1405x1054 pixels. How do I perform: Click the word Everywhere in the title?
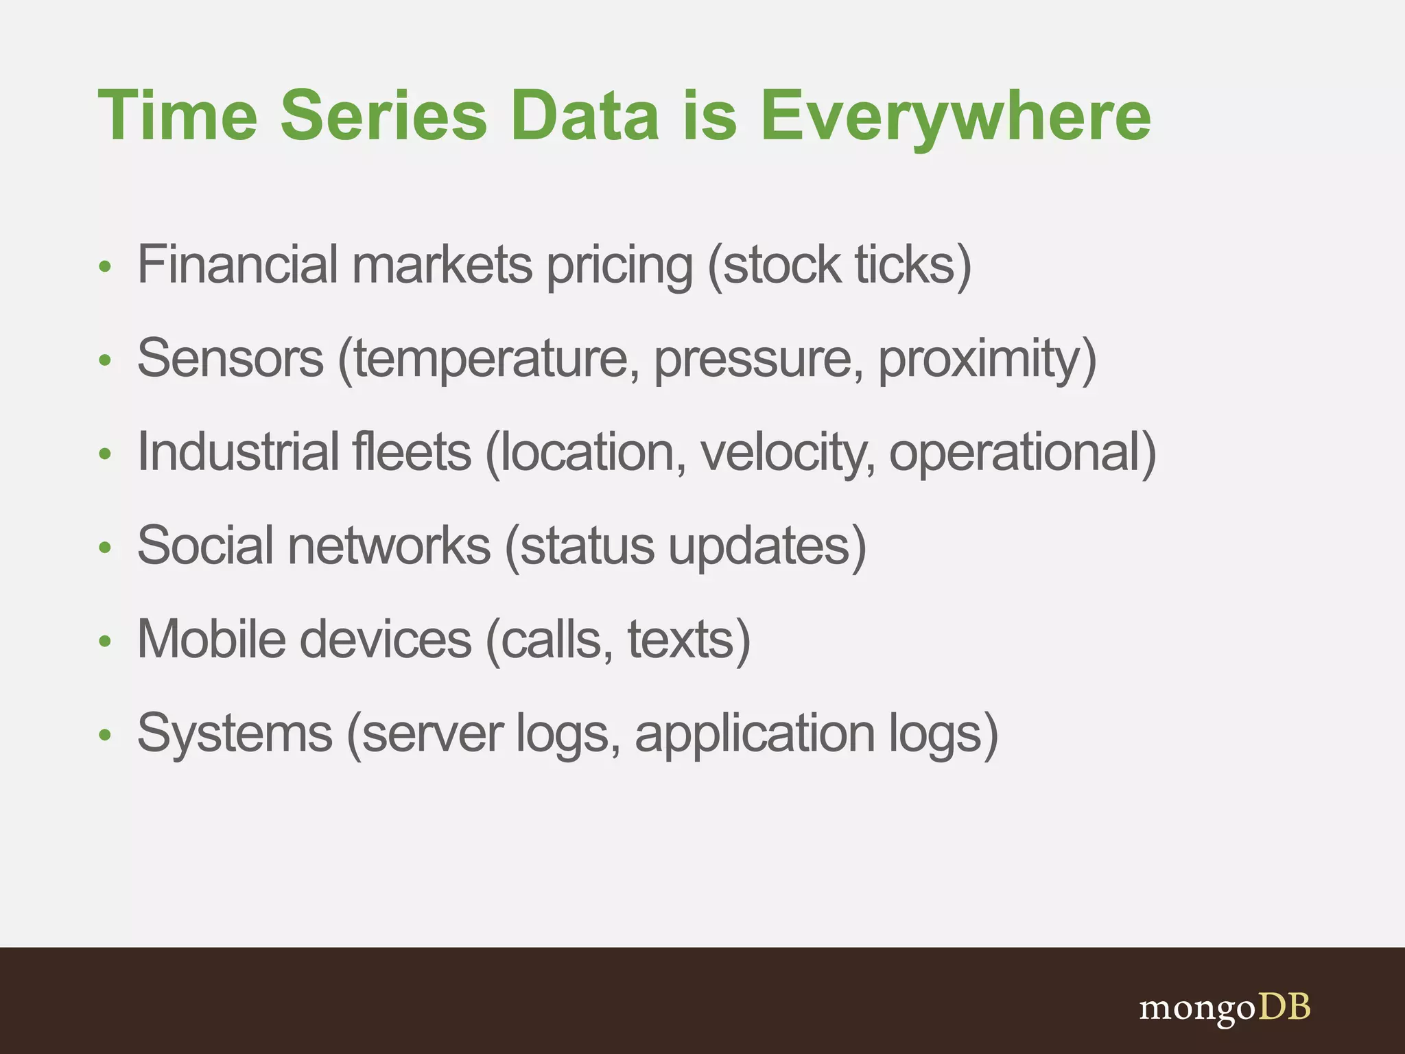pos(955,117)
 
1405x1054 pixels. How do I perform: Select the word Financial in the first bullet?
pos(237,264)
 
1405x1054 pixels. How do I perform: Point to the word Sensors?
pos(230,358)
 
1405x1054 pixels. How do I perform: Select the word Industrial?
pos(237,452)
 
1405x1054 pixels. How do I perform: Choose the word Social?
pos(205,546)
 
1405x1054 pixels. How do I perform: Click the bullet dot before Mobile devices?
pos(105,642)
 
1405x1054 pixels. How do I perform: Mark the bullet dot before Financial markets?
pos(105,267)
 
